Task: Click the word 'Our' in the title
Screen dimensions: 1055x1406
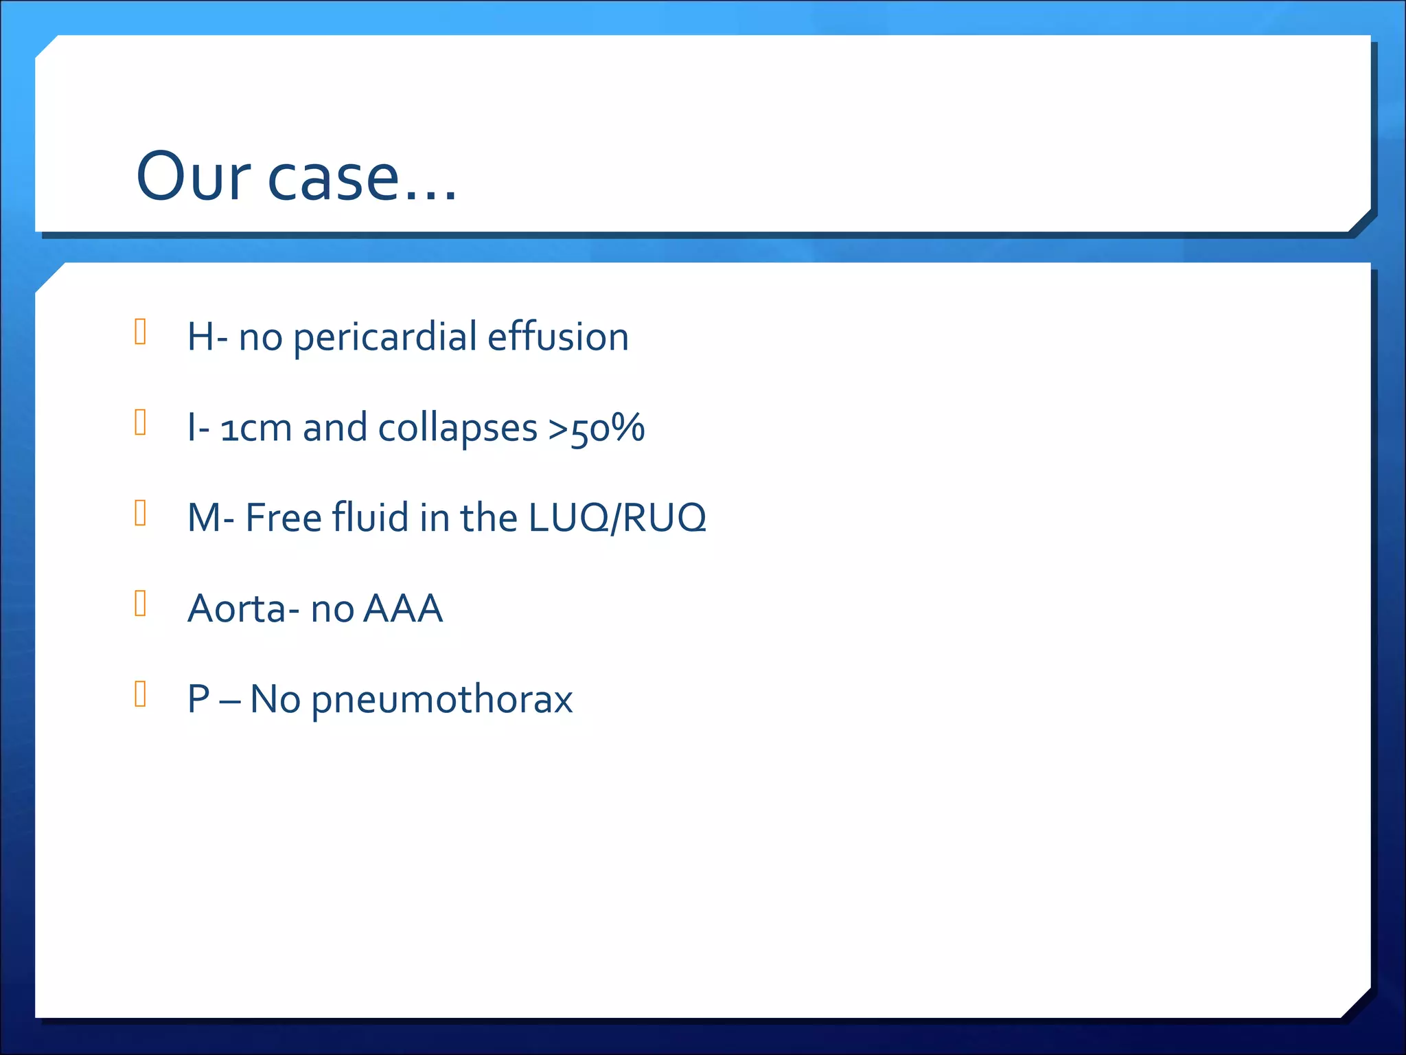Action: coord(193,177)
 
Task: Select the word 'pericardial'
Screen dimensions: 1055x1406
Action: coord(385,338)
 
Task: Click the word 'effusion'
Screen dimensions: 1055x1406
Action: coord(557,337)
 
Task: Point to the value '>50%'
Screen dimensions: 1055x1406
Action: coord(596,428)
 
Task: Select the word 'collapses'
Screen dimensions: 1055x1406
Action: coord(457,429)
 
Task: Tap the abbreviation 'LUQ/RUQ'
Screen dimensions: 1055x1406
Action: coord(617,518)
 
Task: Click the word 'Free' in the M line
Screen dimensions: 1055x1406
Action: coord(284,518)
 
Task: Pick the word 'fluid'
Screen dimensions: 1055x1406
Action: coord(371,518)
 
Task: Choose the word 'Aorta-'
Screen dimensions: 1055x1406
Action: coord(244,609)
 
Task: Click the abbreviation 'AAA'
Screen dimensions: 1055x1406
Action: coord(403,609)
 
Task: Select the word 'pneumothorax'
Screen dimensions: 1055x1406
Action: coord(441,700)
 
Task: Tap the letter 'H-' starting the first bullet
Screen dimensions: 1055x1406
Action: coord(207,337)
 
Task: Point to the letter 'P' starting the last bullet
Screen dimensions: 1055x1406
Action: coord(198,699)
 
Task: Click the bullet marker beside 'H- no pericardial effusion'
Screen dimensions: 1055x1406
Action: coord(141,332)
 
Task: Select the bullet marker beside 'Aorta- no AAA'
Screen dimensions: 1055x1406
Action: coord(141,603)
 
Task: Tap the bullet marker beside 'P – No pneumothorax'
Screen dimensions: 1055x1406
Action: coord(141,694)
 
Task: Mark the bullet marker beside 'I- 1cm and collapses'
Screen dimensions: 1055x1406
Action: coord(141,422)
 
